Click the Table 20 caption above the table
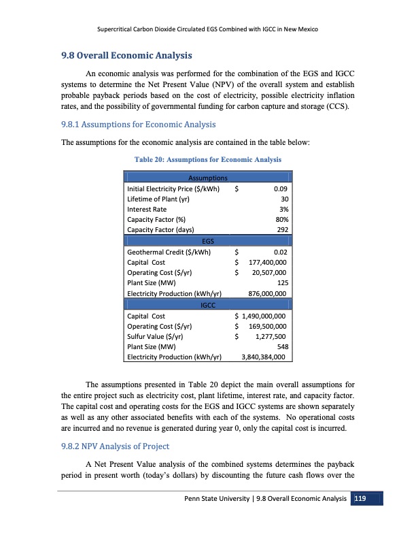(x=209, y=160)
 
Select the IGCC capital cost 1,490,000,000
(x=262, y=316)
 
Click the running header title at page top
(x=208, y=29)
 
